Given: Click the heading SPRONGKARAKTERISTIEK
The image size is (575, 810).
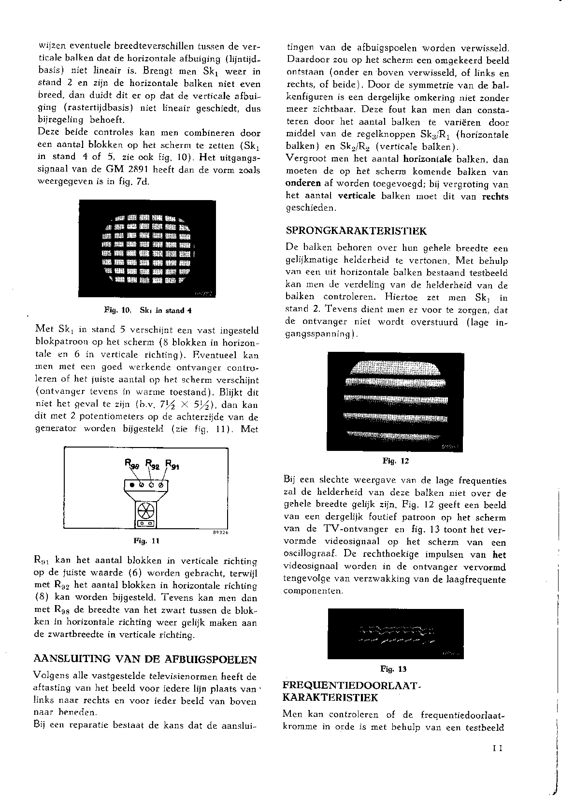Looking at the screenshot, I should coord(356,231).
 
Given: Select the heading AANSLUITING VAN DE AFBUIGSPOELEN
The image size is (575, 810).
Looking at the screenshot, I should coord(145,659).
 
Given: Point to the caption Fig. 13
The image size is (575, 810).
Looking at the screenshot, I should coord(393,669).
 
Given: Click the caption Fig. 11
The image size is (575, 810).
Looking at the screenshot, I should coord(146,541).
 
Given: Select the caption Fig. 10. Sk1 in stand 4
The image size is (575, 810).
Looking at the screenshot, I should coord(148,310).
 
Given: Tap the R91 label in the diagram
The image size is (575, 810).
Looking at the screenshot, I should coord(172,464).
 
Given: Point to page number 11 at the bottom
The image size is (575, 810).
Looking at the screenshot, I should coord(498,749).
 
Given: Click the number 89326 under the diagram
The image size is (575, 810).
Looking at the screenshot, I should coord(219,532).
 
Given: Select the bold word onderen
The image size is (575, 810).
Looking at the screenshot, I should coord(303,184).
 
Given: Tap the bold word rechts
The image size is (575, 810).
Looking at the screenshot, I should coord(495,197).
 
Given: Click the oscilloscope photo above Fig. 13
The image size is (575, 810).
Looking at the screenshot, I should coord(395,634).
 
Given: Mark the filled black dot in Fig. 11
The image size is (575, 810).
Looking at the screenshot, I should coord(132,484).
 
